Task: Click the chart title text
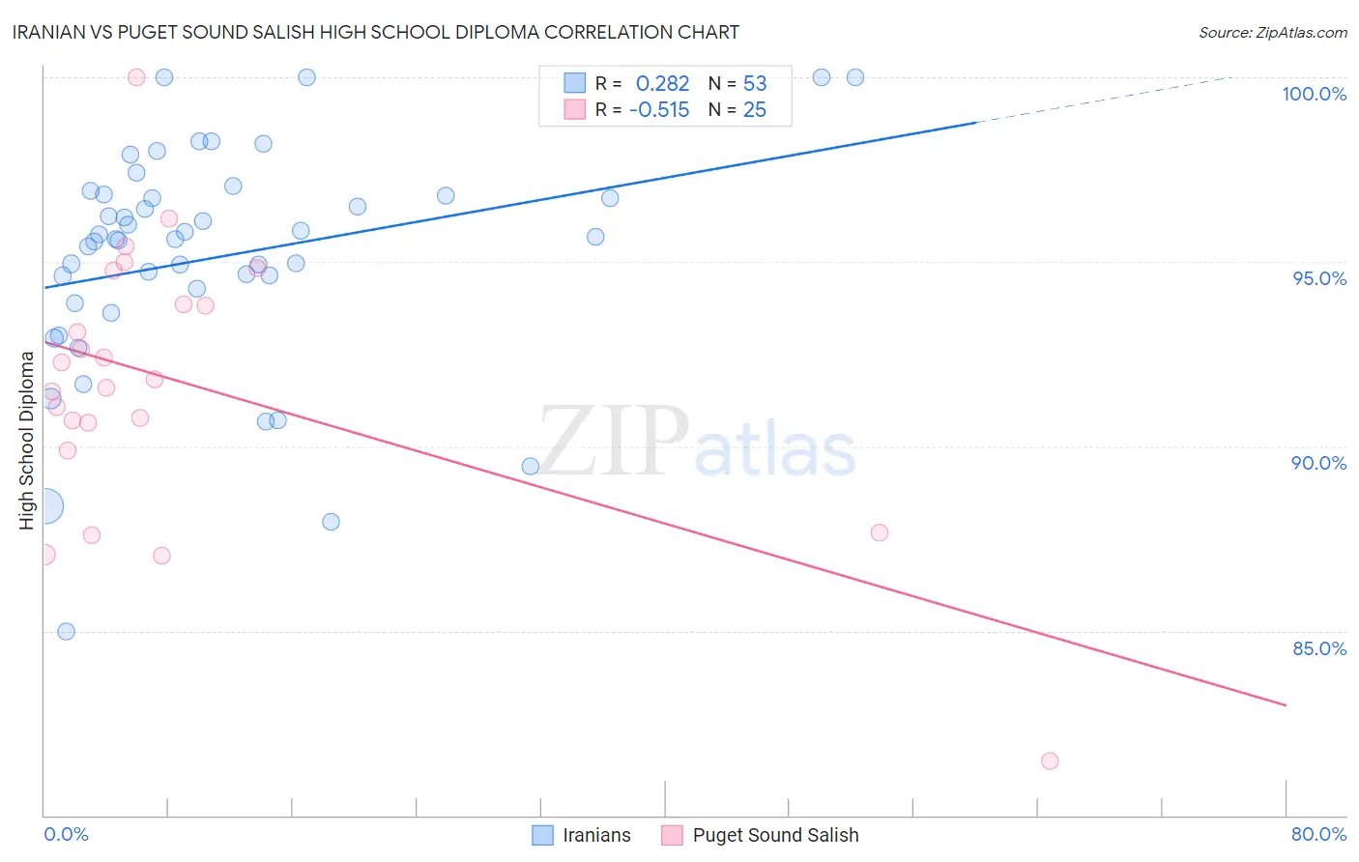pos(376,32)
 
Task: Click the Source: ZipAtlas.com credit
pos(1272,32)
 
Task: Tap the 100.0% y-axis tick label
pos(1314,94)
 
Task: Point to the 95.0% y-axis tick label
pos(1319,278)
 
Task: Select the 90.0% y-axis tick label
pos(1318,463)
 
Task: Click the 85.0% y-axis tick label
pos(1319,648)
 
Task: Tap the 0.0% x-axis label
pos(66,834)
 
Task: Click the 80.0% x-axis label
pos(1318,834)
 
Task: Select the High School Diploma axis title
pos(27,440)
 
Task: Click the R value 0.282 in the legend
pos(662,84)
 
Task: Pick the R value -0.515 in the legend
pos(659,110)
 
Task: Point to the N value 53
pos(755,84)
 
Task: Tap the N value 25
pos(755,110)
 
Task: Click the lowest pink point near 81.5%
pos(1050,761)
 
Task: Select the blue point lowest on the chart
pos(66,631)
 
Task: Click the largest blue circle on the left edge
pos(45,505)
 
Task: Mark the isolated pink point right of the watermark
pos(879,532)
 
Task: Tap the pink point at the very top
pos(136,77)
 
